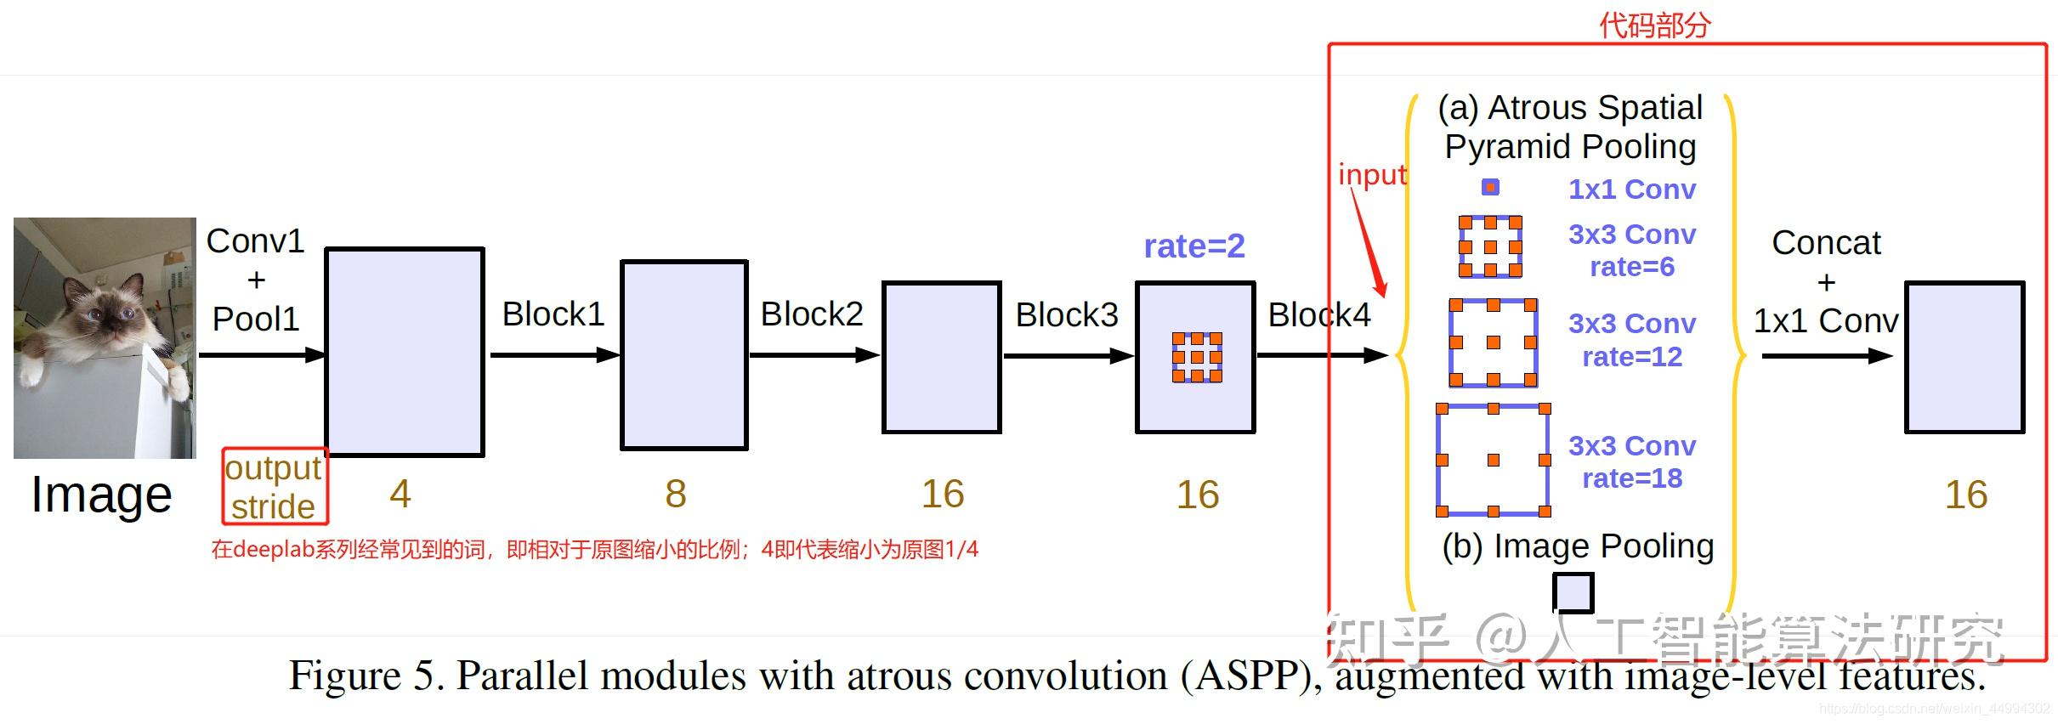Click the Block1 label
point(553,314)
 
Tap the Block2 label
point(811,314)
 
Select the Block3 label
point(1066,315)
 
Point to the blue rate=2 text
point(1193,246)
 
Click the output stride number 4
point(400,494)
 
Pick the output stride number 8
point(676,494)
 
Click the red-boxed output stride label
point(274,487)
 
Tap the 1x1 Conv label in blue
point(1631,189)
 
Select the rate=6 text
point(1631,267)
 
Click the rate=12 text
point(1631,357)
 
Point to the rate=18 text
point(1631,478)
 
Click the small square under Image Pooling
point(1573,592)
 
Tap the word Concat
point(1826,243)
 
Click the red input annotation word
point(1372,174)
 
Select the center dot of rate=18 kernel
point(1494,460)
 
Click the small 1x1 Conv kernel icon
point(1490,187)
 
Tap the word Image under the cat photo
point(101,495)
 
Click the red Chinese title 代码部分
point(1654,25)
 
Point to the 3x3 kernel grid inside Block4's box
point(1197,357)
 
